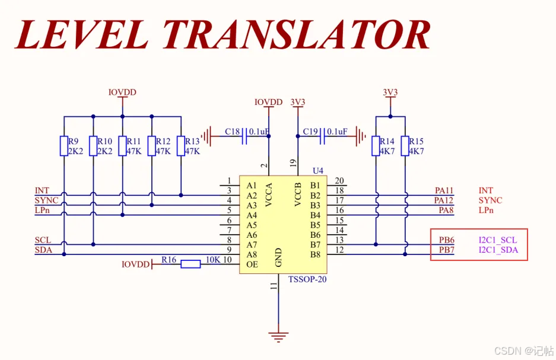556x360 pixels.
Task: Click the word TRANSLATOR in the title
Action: (x=297, y=34)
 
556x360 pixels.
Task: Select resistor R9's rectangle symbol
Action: (x=64, y=146)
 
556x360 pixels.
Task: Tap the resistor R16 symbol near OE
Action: (x=190, y=264)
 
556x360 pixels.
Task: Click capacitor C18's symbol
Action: (x=244, y=136)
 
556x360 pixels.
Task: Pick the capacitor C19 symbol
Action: (x=322, y=136)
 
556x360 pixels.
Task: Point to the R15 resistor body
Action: (x=405, y=146)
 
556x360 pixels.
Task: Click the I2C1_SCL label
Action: (x=498, y=240)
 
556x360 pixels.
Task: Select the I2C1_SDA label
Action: (x=498, y=250)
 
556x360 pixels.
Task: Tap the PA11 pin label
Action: (x=444, y=190)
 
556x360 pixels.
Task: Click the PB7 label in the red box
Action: (x=446, y=250)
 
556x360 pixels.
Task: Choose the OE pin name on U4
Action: (x=252, y=265)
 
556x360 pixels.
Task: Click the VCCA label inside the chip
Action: (x=269, y=195)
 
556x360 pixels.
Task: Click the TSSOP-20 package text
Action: (x=307, y=279)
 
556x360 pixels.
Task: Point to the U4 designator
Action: (x=318, y=171)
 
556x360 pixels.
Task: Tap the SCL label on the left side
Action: (x=43, y=240)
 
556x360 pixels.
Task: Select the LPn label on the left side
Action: (x=42, y=210)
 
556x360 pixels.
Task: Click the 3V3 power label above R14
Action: (x=390, y=92)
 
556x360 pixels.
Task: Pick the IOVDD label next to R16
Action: (x=135, y=265)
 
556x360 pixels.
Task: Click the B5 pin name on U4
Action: (x=315, y=225)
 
